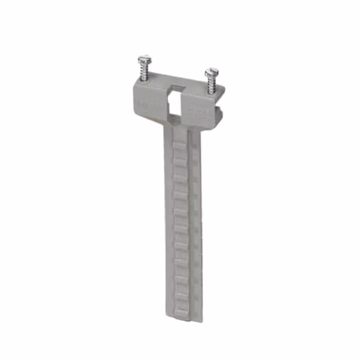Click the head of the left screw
tap(145, 59)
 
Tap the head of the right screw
tap(212, 71)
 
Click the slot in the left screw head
tap(145, 58)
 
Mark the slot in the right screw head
tap(212, 71)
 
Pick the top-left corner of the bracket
tap(134, 84)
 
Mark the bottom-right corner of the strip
tap(201, 321)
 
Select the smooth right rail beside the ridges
tap(195, 225)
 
